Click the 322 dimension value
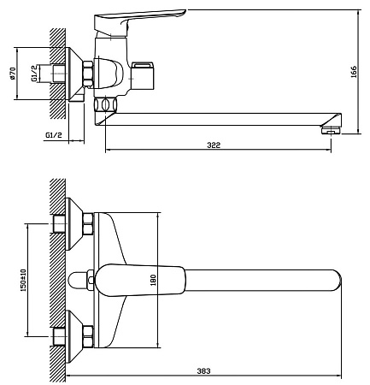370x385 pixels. pyautogui.click(x=214, y=145)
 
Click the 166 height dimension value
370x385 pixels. pyautogui.click(x=353, y=72)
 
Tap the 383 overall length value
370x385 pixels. pyautogui.click(x=203, y=371)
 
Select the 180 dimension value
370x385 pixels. pyautogui.click(x=153, y=280)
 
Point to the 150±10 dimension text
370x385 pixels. pyautogui.click(x=23, y=280)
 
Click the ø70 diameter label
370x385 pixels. pyautogui.click(x=12, y=74)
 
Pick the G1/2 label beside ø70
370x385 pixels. pyautogui.click(x=34, y=74)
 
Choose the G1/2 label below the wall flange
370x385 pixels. pyautogui.click(x=54, y=135)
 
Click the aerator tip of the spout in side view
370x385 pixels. pyautogui.click(x=331, y=130)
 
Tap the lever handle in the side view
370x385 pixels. pyautogui.click(x=139, y=20)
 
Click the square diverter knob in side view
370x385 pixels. pyautogui.click(x=144, y=75)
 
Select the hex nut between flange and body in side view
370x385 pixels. pyautogui.click(x=88, y=74)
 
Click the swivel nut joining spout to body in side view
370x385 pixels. pyautogui.click(x=105, y=104)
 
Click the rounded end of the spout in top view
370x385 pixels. pyautogui.click(x=337, y=280)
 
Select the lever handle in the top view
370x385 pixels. pyautogui.click(x=139, y=280)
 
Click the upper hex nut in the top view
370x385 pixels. pyautogui.click(x=88, y=223)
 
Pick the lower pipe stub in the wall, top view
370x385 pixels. pyautogui.click(x=60, y=336)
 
